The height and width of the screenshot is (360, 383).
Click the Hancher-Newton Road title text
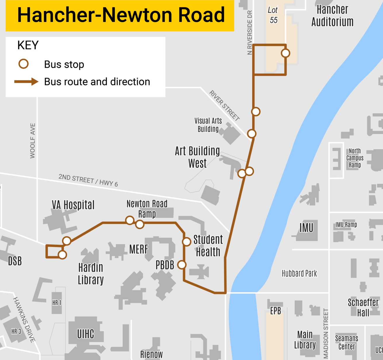click(121, 15)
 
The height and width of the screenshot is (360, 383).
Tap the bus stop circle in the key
click(23, 64)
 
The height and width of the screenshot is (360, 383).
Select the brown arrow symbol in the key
click(26, 82)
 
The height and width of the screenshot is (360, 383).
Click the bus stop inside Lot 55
click(285, 53)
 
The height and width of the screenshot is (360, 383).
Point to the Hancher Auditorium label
click(332, 16)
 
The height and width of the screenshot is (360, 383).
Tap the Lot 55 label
click(273, 15)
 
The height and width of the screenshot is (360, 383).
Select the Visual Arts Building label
click(208, 125)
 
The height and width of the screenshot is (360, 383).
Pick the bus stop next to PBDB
click(182, 265)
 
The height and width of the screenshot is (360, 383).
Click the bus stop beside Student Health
click(187, 242)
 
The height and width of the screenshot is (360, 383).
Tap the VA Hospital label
click(73, 205)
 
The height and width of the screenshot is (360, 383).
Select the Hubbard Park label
click(299, 274)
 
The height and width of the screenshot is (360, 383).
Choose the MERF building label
click(139, 249)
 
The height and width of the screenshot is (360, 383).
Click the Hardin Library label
click(91, 274)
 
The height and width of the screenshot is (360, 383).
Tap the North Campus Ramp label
click(355, 158)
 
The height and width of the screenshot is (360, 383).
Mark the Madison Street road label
click(326, 333)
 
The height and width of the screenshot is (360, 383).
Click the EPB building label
click(275, 311)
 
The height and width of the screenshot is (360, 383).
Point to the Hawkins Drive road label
click(24, 320)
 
